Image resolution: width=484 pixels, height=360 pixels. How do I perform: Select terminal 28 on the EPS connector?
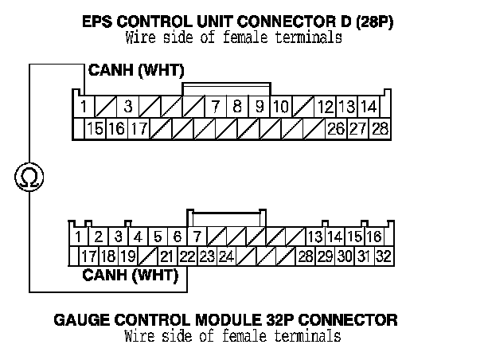point(379,128)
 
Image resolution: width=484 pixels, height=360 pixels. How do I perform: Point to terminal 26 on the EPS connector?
point(335,128)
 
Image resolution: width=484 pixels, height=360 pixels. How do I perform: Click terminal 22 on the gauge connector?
point(187,256)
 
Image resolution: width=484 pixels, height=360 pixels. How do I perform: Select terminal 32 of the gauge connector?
point(383,256)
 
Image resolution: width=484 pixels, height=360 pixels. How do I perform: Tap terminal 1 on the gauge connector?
point(79,237)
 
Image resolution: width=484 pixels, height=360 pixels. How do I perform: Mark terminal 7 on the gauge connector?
point(197,237)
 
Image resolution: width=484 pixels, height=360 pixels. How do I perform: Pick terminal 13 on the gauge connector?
point(314,237)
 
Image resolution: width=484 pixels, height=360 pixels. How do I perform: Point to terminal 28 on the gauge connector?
point(305,256)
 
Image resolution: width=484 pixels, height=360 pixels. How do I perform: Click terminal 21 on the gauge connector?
point(166,256)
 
